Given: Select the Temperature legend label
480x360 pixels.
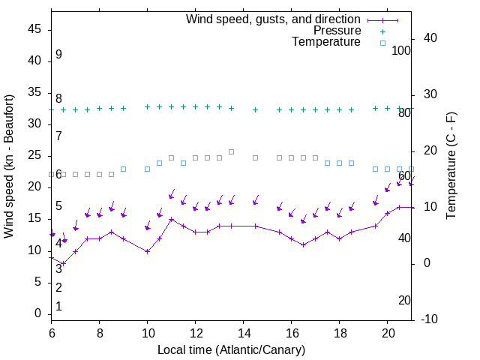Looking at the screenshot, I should pyautogui.click(x=326, y=42).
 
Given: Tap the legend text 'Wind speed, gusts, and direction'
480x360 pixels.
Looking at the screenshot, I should pyautogui.click(x=274, y=19).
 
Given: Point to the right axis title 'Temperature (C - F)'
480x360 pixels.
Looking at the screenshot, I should pyautogui.click(x=451, y=166).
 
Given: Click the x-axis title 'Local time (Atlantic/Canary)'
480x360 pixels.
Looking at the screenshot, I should pyautogui.click(x=232, y=349).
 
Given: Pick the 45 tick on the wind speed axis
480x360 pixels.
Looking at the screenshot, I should pyautogui.click(x=35, y=29).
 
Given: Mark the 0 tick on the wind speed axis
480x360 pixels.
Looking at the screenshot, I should pyautogui.click(x=38, y=313).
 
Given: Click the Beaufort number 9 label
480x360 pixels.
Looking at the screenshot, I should pyautogui.click(x=58, y=55).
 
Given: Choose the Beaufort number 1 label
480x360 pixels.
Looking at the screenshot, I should pyautogui.click(x=58, y=307).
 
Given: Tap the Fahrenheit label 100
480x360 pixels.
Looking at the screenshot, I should pyautogui.click(x=401, y=51).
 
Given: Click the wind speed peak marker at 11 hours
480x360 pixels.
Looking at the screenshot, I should pyautogui.click(x=172, y=220).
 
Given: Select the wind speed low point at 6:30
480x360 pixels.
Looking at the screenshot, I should pyautogui.click(x=64, y=263).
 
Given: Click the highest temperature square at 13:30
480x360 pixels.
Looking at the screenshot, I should pyautogui.click(x=232, y=151).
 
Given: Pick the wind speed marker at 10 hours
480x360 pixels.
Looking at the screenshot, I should pyautogui.click(x=148, y=251).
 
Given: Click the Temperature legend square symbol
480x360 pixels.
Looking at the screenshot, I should pyautogui.click(x=382, y=43).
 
